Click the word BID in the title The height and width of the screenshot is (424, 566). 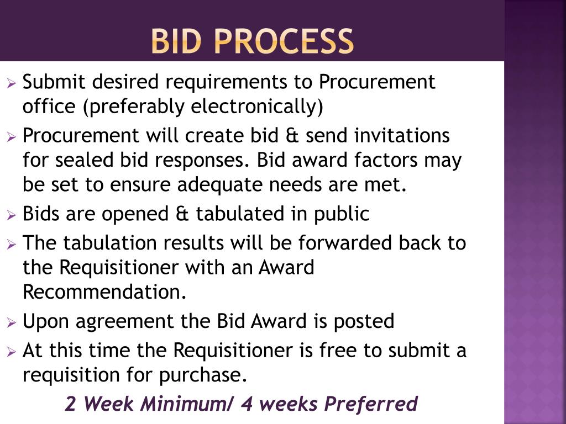point(176,41)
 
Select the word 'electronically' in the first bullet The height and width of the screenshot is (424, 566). point(256,107)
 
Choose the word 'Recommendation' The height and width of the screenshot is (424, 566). point(104,292)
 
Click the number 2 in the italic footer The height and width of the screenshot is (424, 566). point(70,404)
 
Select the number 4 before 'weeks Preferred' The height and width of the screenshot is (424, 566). point(247,404)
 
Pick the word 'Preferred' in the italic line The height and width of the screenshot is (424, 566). point(370,404)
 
